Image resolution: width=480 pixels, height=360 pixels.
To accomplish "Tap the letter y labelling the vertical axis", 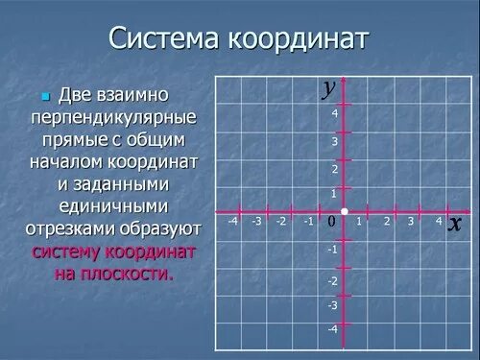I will [329, 87].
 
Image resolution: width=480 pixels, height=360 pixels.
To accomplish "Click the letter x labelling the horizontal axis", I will [455, 224].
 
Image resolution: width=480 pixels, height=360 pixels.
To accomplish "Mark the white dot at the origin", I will [345, 211].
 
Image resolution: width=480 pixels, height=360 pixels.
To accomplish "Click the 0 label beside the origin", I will [331, 222].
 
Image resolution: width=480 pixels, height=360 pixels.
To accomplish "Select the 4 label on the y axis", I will [335, 113].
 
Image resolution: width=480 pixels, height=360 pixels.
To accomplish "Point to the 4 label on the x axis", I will [438, 221].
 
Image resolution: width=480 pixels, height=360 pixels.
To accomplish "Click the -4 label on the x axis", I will [232, 221].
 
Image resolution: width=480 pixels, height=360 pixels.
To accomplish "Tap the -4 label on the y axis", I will [332, 329].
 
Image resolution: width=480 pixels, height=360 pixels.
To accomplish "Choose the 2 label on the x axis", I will [386, 221].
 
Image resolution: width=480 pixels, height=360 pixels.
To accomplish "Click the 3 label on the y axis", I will [335, 141].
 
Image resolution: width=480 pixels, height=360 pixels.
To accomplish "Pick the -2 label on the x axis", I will [280, 221].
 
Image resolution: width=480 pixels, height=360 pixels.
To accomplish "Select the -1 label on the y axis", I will [332, 249].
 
